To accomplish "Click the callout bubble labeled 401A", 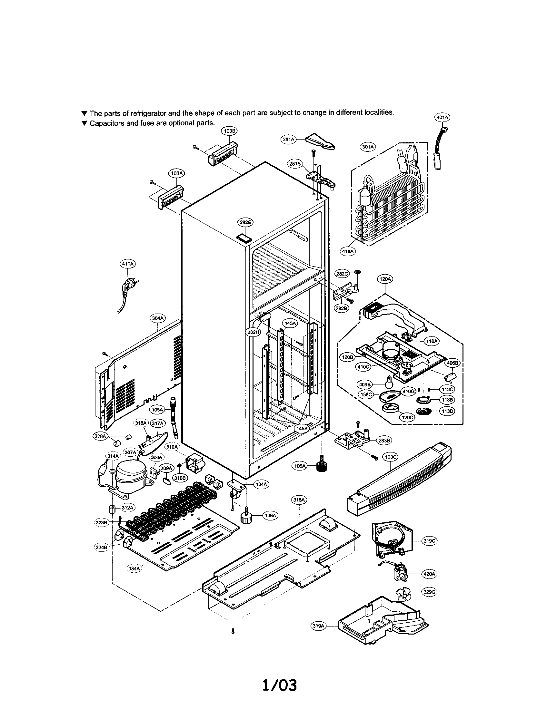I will tap(442, 117).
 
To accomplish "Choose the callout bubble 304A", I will tap(157, 318).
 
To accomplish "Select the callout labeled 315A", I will tap(299, 500).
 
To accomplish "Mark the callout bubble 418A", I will tap(348, 251).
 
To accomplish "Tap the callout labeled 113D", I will tap(447, 411).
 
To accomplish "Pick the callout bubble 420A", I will tap(429, 574).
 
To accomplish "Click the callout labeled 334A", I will tap(134, 568).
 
